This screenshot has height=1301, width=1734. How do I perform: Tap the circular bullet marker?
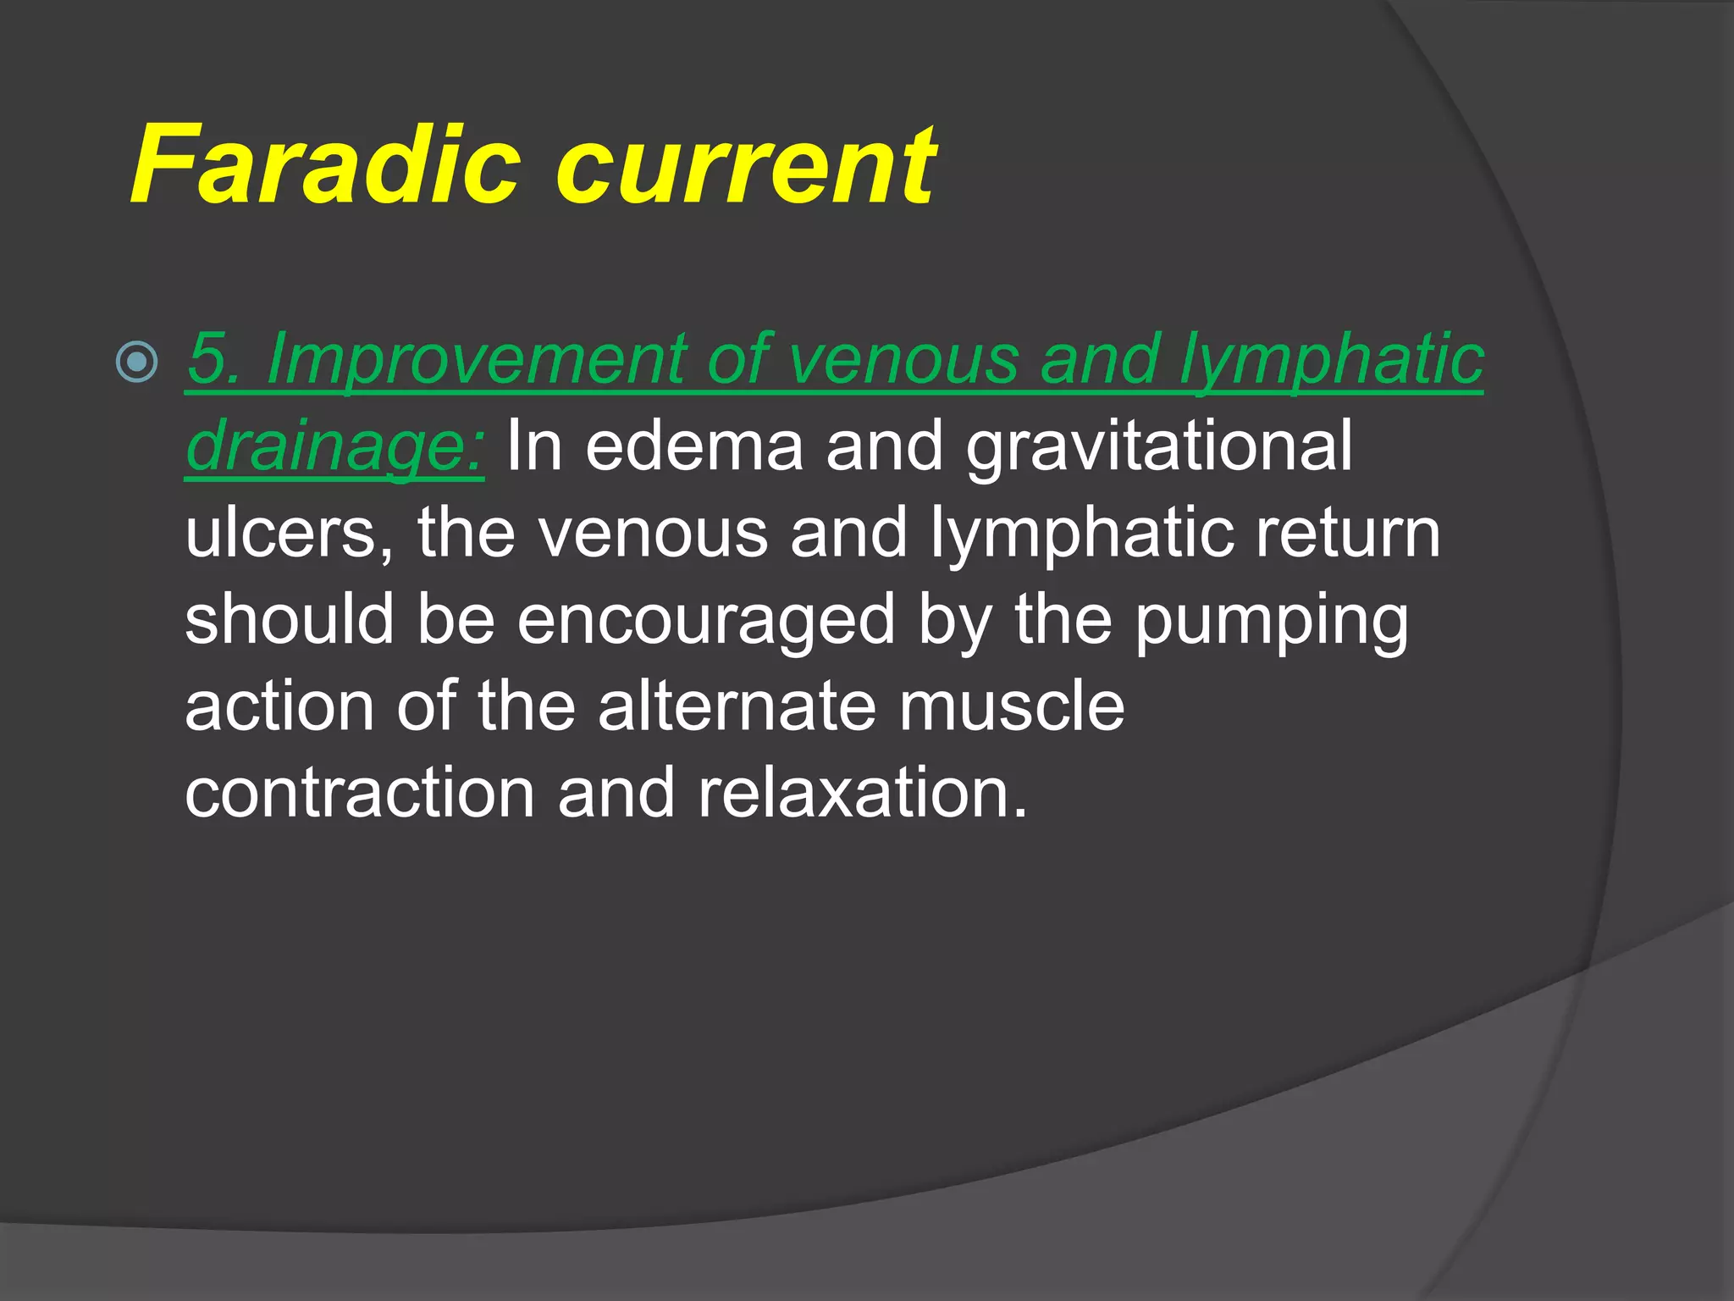(136, 363)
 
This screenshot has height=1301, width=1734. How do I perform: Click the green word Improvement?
(474, 361)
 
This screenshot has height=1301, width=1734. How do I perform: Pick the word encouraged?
(706, 621)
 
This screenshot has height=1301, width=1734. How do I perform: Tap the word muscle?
(1012, 707)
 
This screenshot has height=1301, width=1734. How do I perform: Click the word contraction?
(360, 794)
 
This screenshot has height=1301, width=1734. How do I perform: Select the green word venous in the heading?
(902, 361)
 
